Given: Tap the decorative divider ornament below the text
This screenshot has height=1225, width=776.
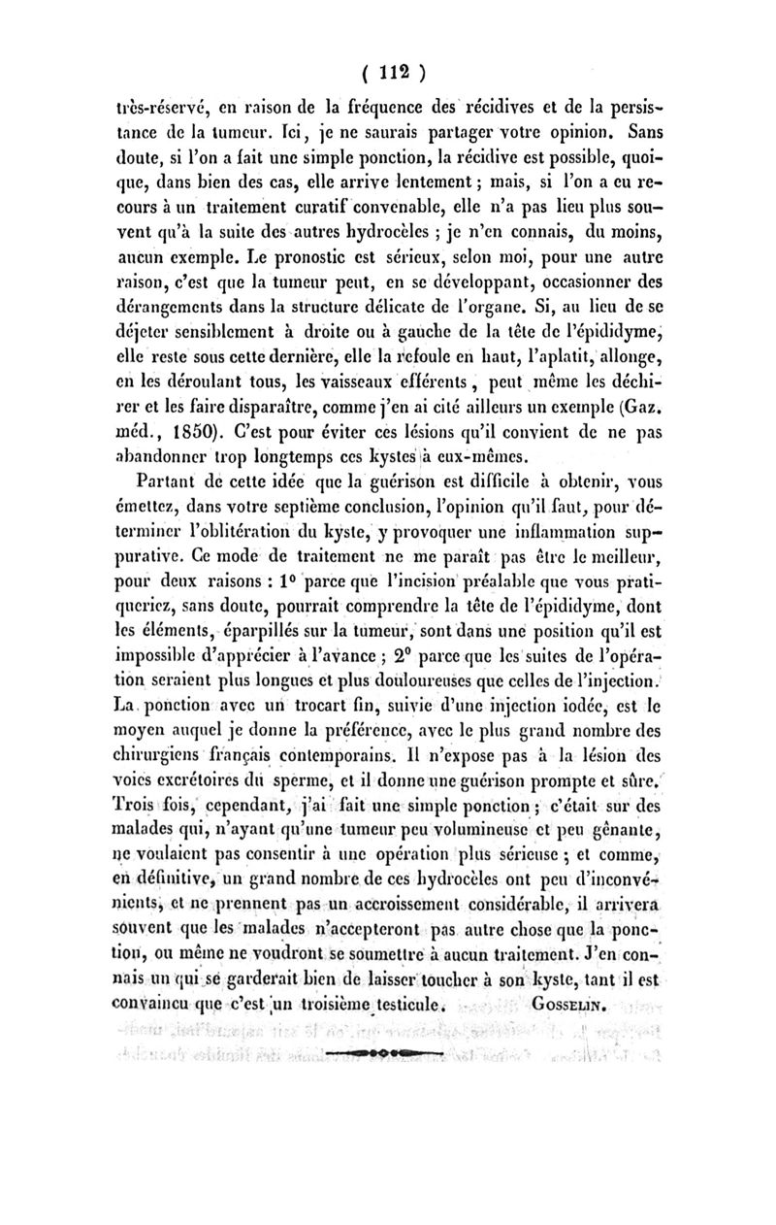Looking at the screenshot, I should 388,1051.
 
